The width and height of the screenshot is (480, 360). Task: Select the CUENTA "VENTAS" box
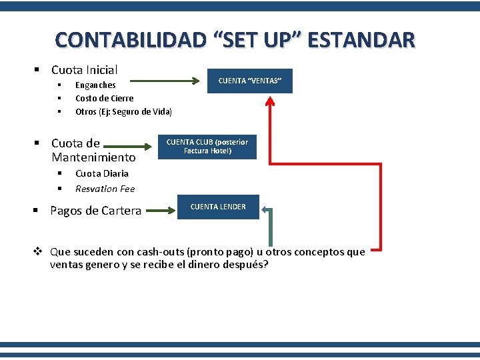coord(250,81)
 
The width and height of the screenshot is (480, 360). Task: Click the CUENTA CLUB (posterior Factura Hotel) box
coord(207,147)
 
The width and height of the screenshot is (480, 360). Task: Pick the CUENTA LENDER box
coord(218,207)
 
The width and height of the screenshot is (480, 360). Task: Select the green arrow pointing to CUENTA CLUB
coord(127,145)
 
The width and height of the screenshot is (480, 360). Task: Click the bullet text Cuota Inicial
coord(84,69)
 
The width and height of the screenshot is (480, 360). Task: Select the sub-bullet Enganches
coord(95,85)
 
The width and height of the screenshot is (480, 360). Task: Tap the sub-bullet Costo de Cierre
coord(104,98)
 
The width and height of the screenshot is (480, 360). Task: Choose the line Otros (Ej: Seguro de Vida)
coord(123,111)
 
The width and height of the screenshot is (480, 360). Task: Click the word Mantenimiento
coord(93,158)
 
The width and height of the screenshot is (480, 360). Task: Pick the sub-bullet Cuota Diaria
coord(102,173)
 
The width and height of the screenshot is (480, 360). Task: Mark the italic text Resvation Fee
coord(105,189)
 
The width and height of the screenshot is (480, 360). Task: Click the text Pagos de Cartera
coord(95,211)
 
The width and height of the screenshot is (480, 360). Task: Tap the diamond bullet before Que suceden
coord(39,252)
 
